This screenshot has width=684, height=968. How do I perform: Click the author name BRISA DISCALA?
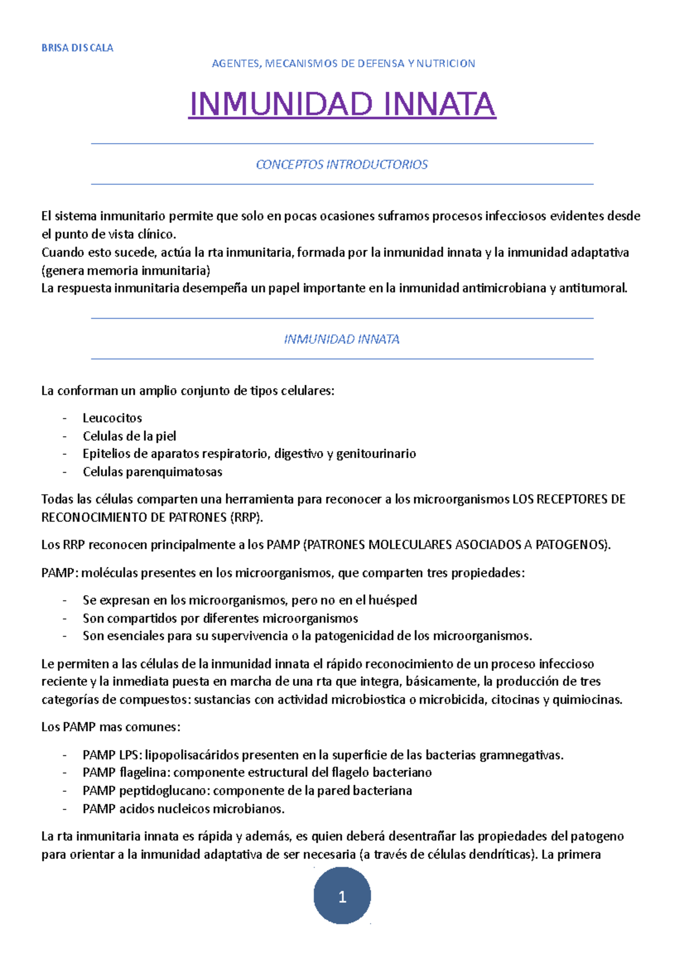point(77,48)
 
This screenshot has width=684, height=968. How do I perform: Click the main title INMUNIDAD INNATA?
point(342,104)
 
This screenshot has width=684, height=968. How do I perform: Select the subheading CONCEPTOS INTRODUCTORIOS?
point(342,165)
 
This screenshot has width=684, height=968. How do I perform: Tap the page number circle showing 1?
point(342,897)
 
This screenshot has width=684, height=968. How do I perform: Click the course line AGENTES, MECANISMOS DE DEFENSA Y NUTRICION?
point(343,64)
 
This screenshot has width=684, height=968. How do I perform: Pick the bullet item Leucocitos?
point(112,418)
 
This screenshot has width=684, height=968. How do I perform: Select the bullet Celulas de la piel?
point(129,436)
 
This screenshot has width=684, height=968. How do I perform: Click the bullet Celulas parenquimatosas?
point(152,472)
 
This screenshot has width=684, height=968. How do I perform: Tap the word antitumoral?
point(592,288)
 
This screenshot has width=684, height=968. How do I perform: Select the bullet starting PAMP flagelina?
point(256,772)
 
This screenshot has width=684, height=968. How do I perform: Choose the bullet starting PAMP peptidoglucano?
point(247,791)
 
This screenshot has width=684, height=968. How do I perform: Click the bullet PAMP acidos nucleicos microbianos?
point(183,809)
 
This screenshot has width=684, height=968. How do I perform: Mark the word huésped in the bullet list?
point(393,600)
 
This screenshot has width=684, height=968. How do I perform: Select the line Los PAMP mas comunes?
point(111,727)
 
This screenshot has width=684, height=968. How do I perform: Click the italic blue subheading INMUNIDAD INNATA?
point(342,340)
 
